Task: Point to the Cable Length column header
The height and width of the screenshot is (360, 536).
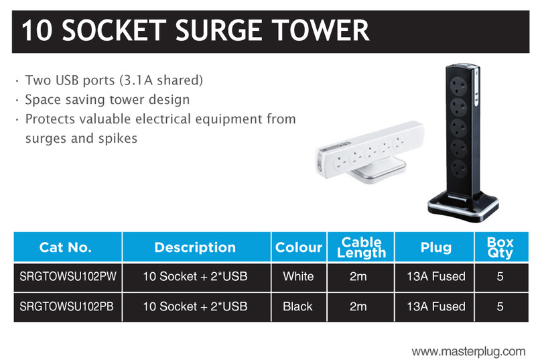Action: [x=360, y=247]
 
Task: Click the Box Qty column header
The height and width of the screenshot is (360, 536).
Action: [x=501, y=247]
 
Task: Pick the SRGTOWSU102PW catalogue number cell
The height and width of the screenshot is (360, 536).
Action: [x=68, y=276]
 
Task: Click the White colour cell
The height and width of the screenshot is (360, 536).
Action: [x=298, y=276]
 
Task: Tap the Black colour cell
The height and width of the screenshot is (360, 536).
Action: [x=297, y=306]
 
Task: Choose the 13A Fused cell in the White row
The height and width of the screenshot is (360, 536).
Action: [x=436, y=276]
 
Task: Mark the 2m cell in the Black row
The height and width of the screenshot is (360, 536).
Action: [x=358, y=306]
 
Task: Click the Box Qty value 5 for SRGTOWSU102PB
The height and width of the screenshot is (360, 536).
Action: [x=500, y=306]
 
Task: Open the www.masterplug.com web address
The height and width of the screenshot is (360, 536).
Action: [x=468, y=351]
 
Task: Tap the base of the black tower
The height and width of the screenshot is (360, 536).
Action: [x=463, y=206]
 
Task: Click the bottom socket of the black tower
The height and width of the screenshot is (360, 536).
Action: [x=458, y=169]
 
